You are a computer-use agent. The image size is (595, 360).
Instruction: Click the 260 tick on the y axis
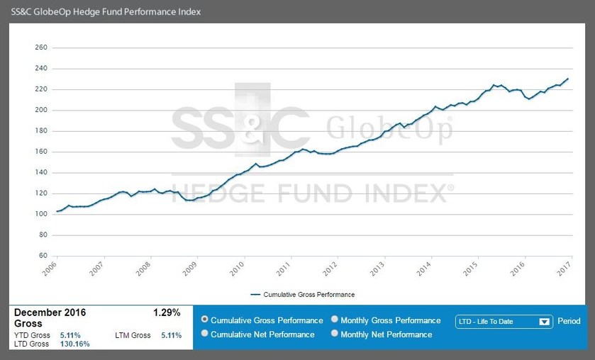point(40,48)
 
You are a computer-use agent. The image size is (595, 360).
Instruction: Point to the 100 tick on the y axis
point(40,214)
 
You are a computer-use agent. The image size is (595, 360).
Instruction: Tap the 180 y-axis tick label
point(40,131)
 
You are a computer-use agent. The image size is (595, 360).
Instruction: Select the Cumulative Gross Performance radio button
point(205,320)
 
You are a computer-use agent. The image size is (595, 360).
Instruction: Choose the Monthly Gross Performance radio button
point(335,320)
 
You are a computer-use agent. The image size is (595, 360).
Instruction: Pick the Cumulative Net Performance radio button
point(205,334)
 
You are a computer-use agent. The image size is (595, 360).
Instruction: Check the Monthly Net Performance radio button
point(335,334)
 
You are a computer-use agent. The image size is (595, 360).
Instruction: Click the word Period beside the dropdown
point(569,321)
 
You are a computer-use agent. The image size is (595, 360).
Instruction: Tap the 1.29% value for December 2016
point(167,313)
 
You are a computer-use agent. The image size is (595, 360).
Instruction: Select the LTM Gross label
point(133,335)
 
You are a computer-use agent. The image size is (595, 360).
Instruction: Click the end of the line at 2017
point(567,79)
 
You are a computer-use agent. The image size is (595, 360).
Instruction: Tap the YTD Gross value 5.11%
point(69,335)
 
